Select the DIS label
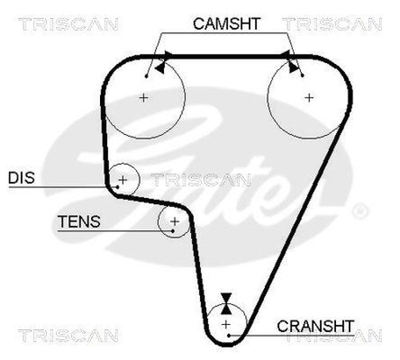coord(21,177)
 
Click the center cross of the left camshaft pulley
coord(144,97)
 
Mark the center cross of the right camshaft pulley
coord(309,97)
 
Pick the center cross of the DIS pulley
coord(122,179)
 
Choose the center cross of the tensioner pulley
coord(174,220)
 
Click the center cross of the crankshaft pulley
coord(227,323)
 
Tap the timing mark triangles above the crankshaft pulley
coord(227,303)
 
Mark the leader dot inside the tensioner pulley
coord(172,230)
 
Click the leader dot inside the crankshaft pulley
coord(228,334)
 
